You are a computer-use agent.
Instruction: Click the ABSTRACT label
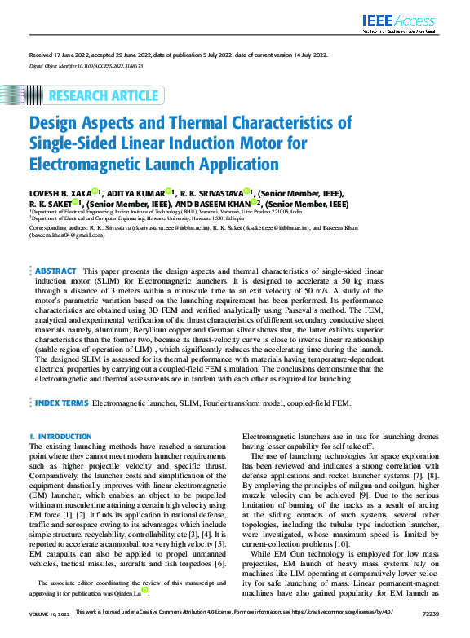56,270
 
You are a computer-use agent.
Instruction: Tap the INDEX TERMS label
62,403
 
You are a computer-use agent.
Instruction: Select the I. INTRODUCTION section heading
60,437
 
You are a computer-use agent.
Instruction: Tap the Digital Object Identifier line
86,64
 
